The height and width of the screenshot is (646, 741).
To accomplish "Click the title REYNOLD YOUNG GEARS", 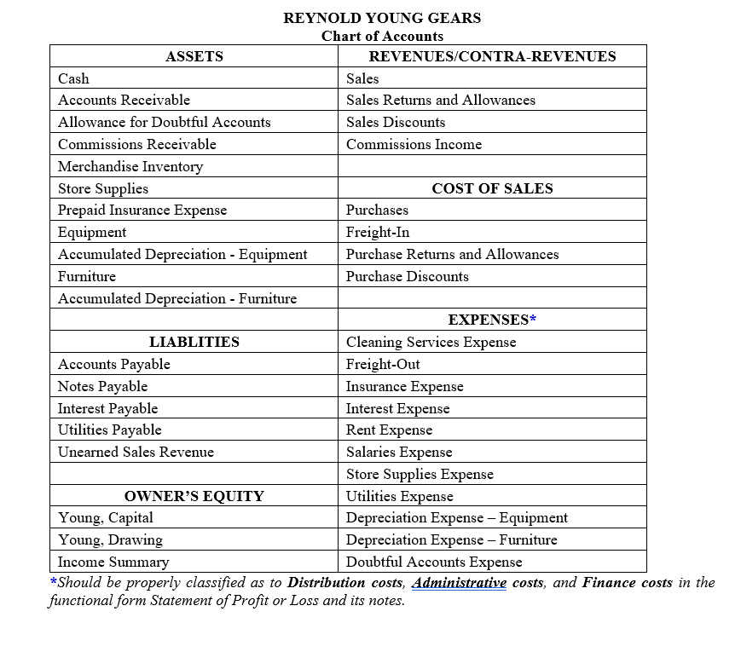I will [x=382, y=18].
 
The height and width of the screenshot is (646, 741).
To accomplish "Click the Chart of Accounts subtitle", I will [x=382, y=36].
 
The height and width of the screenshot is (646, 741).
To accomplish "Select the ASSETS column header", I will [x=194, y=56].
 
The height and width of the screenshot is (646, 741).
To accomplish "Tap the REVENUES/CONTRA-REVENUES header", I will [x=492, y=56].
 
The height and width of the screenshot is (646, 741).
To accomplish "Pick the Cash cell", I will [x=73, y=78].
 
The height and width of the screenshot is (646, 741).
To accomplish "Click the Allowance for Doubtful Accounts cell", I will [x=164, y=122].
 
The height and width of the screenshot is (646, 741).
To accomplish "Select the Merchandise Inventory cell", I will [x=130, y=166].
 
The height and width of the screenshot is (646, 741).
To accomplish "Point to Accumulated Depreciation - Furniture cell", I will [x=177, y=298].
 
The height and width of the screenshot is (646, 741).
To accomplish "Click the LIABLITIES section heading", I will [x=194, y=342].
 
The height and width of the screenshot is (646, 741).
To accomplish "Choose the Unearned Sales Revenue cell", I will [x=136, y=452].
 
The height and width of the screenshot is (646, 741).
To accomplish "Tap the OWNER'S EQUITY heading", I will [x=194, y=496].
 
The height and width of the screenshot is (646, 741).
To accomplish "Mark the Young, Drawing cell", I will [x=110, y=539].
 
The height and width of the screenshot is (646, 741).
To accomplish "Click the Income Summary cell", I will [x=113, y=562].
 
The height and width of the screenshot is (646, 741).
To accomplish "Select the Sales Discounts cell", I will [x=396, y=122].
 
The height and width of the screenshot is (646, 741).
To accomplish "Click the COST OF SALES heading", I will [x=492, y=188].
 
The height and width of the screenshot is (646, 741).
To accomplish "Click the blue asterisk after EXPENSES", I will [x=533, y=320].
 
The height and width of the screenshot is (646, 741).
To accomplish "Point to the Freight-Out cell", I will [x=383, y=364].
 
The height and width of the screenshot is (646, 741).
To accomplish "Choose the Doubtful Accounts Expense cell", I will [x=434, y=562].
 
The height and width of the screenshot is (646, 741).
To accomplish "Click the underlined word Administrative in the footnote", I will [x=459, y=583].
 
